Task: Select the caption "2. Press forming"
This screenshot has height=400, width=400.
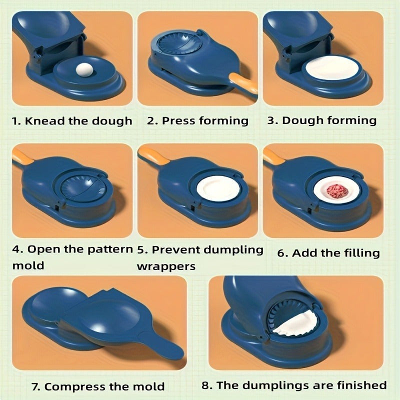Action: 197,121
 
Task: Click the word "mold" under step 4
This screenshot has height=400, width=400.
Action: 28,265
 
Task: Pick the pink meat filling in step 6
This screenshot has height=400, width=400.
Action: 335,191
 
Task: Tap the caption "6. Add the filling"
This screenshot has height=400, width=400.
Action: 328,253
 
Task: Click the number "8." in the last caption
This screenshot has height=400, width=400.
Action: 207,385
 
